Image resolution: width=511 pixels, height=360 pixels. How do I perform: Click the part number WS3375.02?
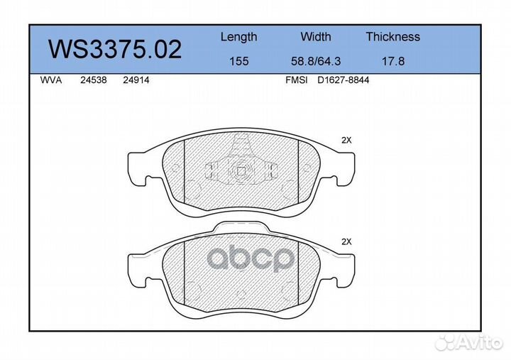point(115,49)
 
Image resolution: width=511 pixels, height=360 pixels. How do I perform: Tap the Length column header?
point(239,37)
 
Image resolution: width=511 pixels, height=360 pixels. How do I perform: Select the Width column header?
point(315,36)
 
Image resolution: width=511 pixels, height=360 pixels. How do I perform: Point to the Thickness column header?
point(392,36)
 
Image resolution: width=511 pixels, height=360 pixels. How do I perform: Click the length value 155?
point(239,61)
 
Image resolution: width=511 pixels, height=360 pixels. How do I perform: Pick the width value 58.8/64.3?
point(315,61)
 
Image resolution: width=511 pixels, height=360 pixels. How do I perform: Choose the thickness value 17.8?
point(393,61)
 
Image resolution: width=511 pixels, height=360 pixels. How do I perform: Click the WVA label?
point(51,80)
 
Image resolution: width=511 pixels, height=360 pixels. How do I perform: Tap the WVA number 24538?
point(94,80)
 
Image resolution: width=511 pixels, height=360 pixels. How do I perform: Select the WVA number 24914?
point(136,80)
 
